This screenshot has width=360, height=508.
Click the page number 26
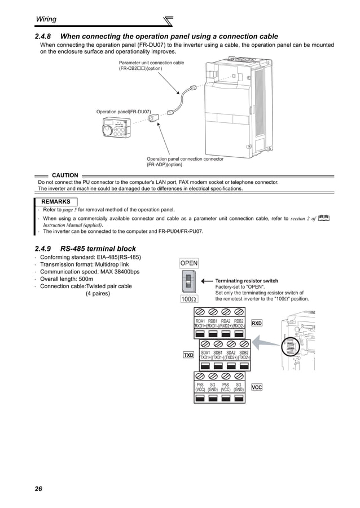tap(38, 488)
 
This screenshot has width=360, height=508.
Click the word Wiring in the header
tap(46, 19)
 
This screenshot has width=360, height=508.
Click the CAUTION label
tap(65, 175)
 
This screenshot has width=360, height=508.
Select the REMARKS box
tap(55, 201)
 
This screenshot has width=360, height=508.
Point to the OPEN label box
tap(188, 263)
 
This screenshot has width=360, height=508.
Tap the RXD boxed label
tap(257, 324)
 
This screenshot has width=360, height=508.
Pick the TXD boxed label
tap(188, 355)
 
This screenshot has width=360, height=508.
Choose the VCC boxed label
tap(257, 387)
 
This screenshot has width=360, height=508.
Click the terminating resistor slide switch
tap(189, 281)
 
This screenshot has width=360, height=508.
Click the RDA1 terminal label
tap(200, 321)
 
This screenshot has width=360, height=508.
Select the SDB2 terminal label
tap(244, 352)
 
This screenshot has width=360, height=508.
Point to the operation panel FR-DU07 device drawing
tap(115, 130)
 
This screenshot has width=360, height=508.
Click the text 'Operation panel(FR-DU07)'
tap(124, 112)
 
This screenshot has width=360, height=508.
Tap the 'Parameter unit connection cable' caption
tap(151, 63)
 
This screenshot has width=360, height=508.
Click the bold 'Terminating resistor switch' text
tap(247, 281)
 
